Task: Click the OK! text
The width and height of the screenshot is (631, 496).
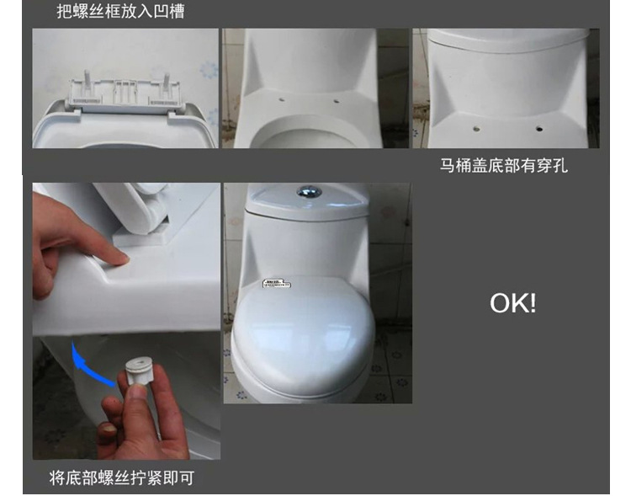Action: tap(512, 303)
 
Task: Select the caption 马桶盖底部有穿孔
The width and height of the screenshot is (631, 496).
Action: tap(503, 166)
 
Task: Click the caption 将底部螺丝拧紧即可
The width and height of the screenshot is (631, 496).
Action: tap(121, 478)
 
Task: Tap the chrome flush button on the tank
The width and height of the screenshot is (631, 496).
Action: tap(309, 192)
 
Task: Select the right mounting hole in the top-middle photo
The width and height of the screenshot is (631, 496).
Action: tap(337, 103)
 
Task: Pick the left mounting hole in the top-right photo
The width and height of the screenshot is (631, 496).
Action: tap(477, 129)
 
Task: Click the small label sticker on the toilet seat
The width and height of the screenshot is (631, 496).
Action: tap(274, 284)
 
